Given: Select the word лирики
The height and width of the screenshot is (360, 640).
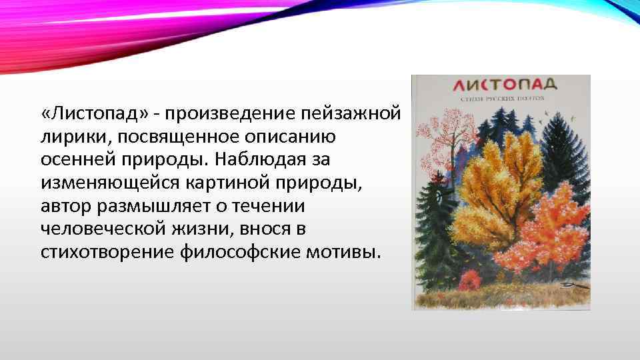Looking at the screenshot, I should tap(64, 137).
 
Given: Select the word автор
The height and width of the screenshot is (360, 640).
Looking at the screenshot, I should tap(62, 207).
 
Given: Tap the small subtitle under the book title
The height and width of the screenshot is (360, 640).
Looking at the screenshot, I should tap(500, 101).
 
